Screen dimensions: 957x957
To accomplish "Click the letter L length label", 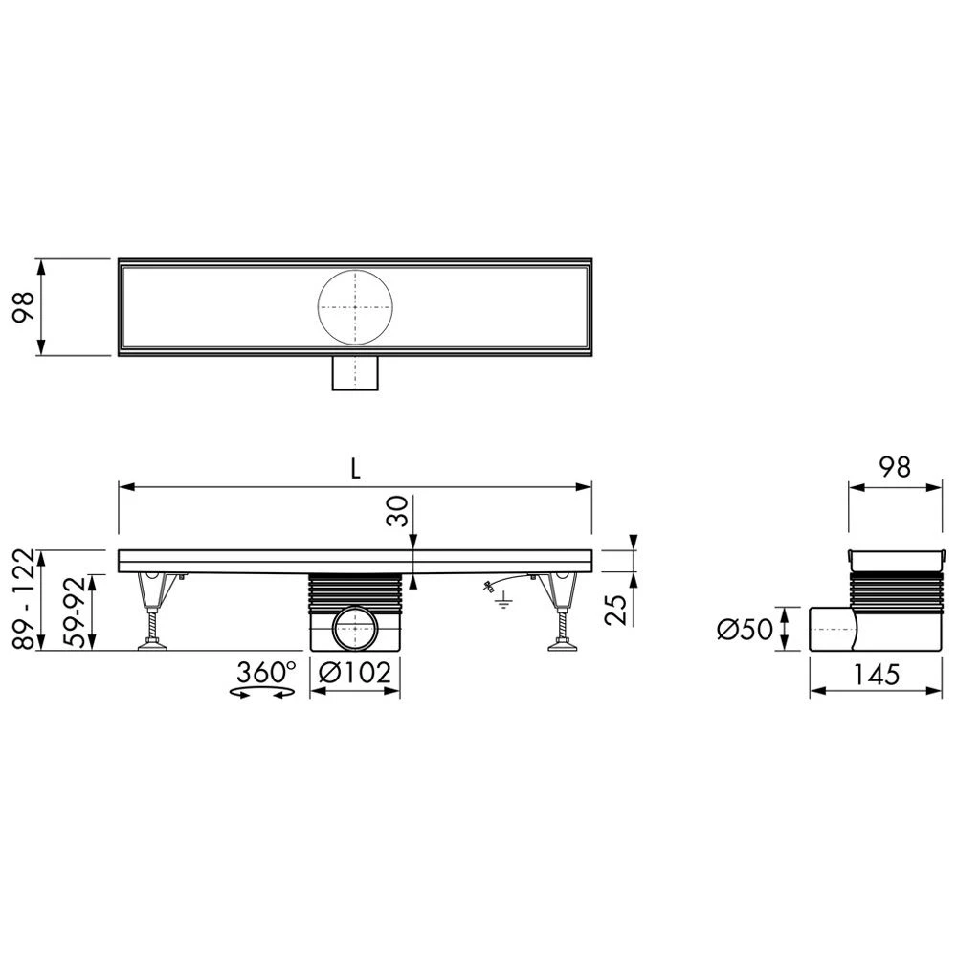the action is point(355,468).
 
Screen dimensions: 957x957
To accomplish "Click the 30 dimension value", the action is point(397,511).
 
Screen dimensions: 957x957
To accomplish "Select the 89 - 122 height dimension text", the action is point(25,598).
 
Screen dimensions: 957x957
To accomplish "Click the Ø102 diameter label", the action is point(355,673).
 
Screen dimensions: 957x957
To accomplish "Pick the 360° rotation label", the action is point(266,673).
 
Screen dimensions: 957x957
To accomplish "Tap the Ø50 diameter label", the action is point(745,630).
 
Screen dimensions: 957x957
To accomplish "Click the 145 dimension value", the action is point(876,675).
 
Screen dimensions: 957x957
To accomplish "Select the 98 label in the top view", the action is point(25,307).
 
